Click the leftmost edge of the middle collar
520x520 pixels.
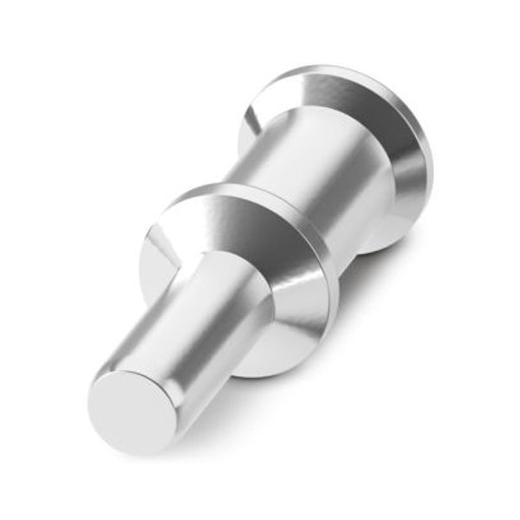click(x=139, y=260)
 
